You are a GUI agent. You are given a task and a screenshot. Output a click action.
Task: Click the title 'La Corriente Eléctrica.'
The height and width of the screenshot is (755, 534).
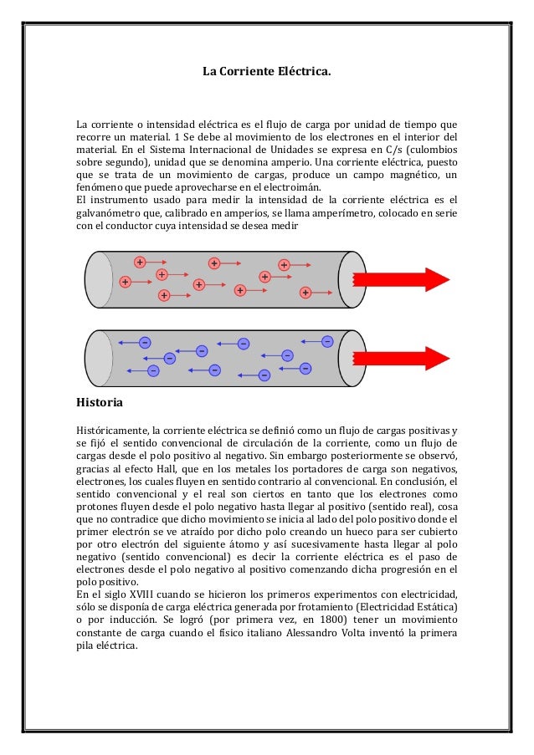point(267,73)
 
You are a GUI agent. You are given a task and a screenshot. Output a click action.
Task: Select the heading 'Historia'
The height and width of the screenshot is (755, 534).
point(100,403)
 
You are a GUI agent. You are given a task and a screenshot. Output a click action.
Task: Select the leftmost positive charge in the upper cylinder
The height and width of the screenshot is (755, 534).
point(126,283)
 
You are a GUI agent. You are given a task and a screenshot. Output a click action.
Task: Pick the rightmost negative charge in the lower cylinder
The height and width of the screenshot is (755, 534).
point(327,340)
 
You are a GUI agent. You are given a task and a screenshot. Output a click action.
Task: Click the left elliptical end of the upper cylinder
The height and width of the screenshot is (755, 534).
point(99,279)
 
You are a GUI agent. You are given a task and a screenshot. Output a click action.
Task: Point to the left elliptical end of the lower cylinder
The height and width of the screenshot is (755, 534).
point(99,358)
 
